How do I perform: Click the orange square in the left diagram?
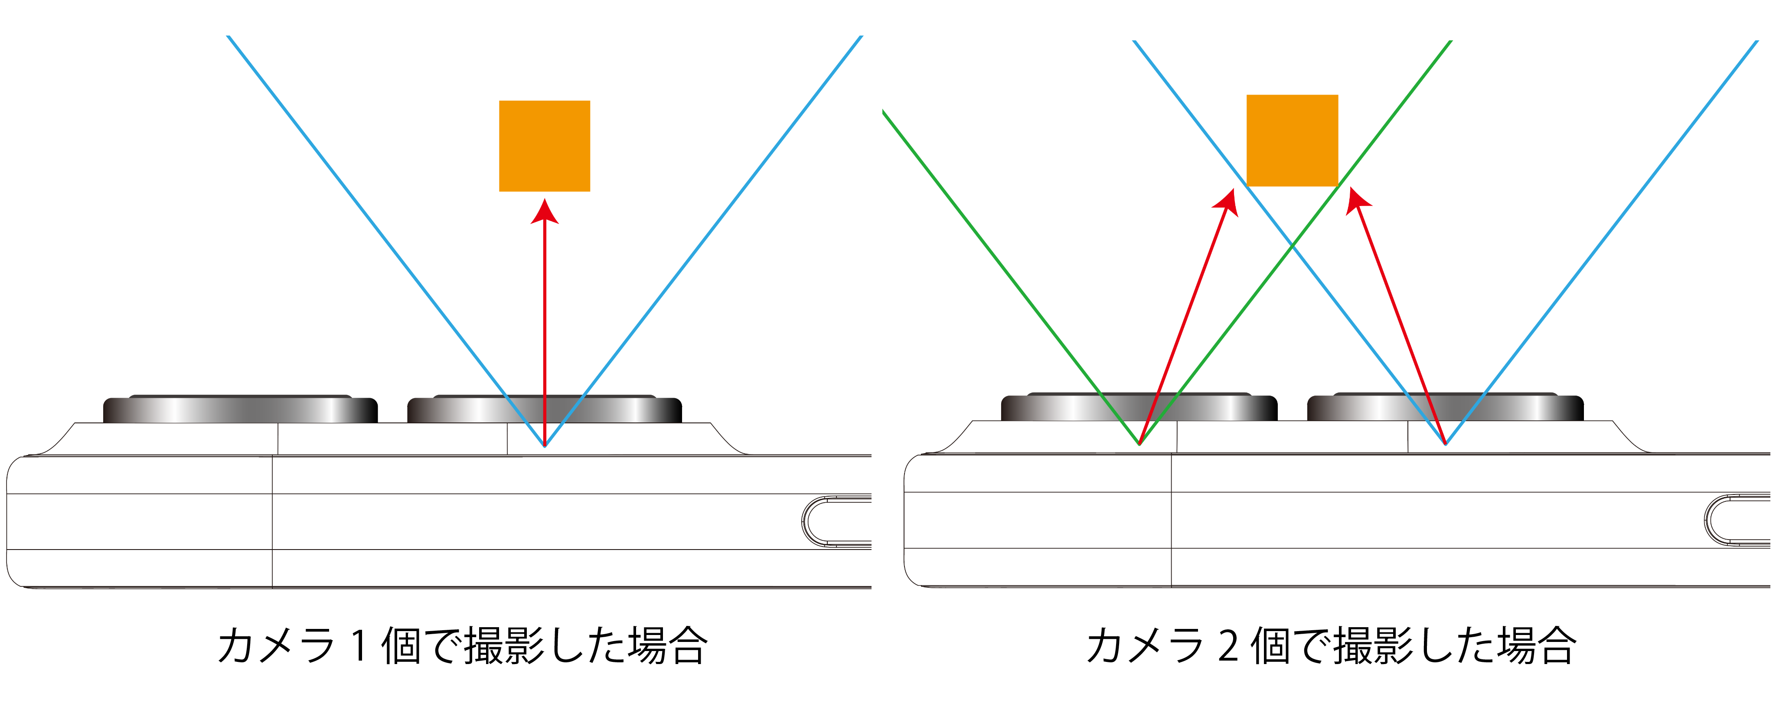544,146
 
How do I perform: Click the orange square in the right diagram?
1292,140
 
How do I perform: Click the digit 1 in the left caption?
359,646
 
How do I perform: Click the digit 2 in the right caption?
1228,646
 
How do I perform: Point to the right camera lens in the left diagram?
544,410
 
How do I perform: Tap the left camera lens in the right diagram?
1139,408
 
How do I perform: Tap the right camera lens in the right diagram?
1445,408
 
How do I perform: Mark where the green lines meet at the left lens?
1139,444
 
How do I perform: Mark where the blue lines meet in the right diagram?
1445,444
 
